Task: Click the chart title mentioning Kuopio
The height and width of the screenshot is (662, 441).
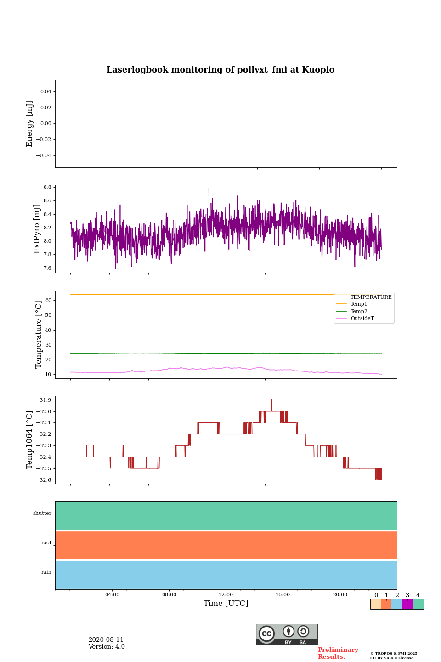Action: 220,70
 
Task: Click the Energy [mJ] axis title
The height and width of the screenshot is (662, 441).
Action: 30,124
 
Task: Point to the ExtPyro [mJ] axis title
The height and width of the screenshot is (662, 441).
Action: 37,229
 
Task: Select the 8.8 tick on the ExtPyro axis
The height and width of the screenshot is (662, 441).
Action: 47,188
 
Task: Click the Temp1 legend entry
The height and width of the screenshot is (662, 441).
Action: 359,304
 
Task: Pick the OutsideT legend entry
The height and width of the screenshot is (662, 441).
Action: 362,319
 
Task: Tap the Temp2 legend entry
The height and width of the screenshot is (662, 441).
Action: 359,312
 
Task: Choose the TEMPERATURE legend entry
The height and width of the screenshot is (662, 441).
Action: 371,297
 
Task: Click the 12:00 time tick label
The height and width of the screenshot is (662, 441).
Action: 226,595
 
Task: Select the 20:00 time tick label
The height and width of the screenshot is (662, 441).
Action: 340,595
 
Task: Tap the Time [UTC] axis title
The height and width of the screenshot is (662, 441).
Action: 226,604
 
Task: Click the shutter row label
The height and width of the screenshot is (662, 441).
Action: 42,514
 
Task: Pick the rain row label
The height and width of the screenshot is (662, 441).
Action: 46,572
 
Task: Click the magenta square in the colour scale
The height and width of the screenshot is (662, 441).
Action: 407,604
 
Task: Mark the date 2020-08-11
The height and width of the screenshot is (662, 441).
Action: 106,640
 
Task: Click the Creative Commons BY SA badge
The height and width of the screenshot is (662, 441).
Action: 287,634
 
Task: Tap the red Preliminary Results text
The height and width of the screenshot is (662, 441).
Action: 338,653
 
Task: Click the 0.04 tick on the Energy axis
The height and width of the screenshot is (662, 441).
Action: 45,92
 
